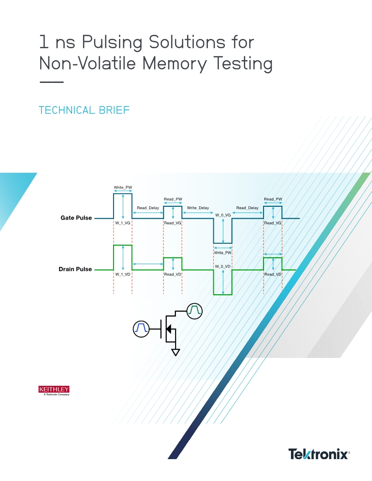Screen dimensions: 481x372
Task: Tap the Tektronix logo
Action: click(319, 454)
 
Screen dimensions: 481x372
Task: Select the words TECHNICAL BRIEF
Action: click(84, 110)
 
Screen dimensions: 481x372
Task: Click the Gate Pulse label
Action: click(76, 218)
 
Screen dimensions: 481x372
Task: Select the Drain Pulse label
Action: click(75, 269)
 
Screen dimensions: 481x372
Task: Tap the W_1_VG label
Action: click(123, 223)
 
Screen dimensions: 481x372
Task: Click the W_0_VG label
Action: click(223, 215)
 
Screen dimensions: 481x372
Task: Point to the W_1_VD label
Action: click(123, 275)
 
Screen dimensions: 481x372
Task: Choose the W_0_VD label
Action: click(223, 266)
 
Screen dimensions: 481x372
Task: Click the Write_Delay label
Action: click(198, 208)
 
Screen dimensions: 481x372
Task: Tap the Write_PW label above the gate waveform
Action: click(123, 188)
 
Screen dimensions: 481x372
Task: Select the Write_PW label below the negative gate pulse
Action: click(223, 252)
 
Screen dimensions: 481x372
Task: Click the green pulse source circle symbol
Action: click(195, 310)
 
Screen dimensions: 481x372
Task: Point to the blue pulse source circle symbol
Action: click(141, 328)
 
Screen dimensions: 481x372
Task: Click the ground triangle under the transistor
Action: click(175, 352)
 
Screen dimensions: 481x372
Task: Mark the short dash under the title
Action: click(51, 82)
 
